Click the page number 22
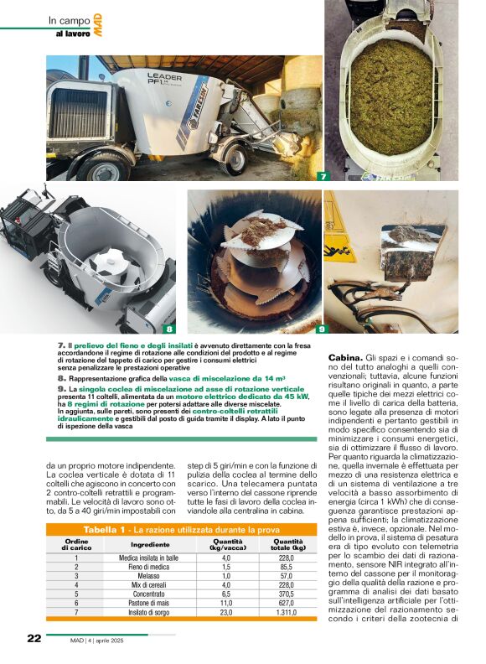tap(34, 638)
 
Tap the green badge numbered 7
tap(322, 177)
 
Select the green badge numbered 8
tap(169, 329)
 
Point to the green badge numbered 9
tap(321, 329)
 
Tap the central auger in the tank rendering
tap(107, 264)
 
